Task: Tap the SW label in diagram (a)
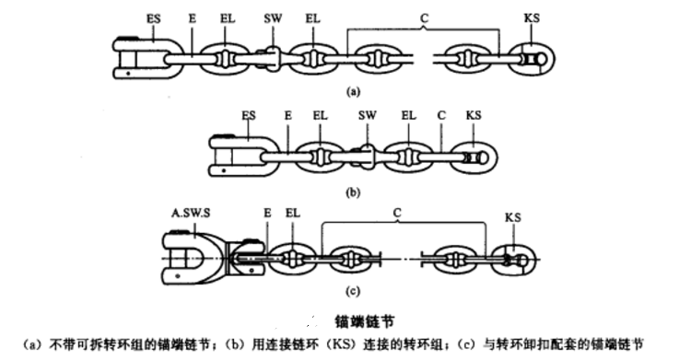click(273, 17)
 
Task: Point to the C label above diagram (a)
click(423, 17)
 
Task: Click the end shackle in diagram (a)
click(139, 57)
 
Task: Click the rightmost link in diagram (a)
click(535, 60)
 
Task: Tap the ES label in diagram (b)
click(247, 115)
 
